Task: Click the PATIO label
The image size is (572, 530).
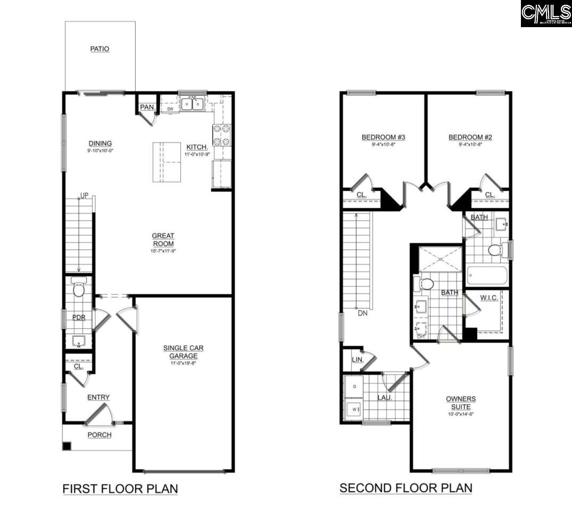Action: pos(100,49)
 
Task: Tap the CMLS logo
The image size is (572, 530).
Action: pos(546,14)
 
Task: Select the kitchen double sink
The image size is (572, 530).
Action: pos(192,104)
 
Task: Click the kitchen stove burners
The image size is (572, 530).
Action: pos(221,135)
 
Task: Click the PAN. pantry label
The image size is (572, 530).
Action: pos(147,107)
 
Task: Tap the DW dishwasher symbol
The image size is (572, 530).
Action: pos(170,109)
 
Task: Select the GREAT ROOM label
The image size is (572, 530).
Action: pos(163,239)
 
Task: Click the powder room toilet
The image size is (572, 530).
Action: pos(79,288)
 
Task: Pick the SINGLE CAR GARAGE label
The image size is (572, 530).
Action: pos(183,352)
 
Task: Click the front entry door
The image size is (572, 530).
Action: pos(99,414)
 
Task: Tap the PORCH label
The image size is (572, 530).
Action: pos(100,435)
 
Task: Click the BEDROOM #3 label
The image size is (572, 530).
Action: pos(383,137)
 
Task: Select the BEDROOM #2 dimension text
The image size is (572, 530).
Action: pos(470,145)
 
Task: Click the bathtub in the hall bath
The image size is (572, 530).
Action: pos(486,276)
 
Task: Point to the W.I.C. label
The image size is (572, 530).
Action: pos(488,297)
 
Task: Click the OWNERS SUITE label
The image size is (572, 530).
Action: pos(461,402)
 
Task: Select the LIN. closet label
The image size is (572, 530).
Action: pos(358,360)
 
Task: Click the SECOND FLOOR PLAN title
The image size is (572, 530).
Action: pos(405,487)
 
